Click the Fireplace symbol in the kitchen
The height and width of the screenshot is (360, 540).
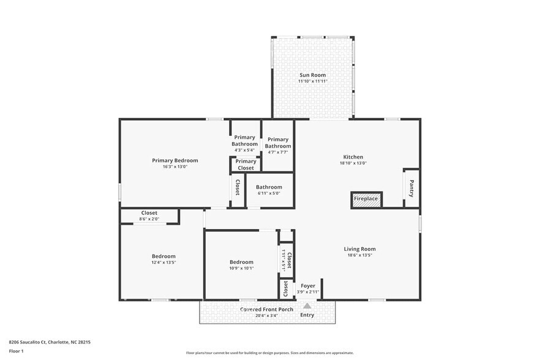[366, 199]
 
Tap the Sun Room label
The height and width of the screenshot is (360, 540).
[312, 75]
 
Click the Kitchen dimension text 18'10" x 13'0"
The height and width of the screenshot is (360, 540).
[353, 163]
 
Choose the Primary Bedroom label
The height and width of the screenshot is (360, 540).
[174, 160]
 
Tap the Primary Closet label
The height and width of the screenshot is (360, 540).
[246, 165]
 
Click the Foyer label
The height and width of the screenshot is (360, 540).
[307, 285]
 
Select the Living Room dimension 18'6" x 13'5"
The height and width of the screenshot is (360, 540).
[359, 255]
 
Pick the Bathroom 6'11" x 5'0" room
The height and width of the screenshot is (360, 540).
[269, 190]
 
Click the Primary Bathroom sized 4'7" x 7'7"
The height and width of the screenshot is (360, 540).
[277, 146]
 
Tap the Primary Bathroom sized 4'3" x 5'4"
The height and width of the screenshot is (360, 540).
[244, 143]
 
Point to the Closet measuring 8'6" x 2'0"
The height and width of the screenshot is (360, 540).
[149, 216]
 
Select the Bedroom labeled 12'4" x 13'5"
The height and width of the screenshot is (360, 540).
[163, 259]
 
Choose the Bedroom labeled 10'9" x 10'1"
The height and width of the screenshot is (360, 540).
[241, 264]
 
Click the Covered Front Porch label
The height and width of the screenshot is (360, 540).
[266, 309]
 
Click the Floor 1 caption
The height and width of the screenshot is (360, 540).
[16, 351]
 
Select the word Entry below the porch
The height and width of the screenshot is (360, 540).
[307, 315]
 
